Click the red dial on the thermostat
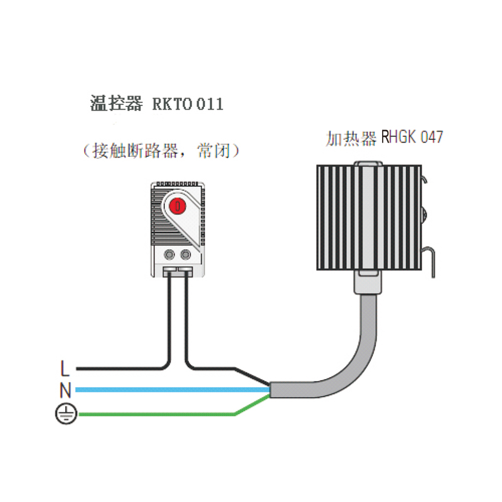click(178, 205)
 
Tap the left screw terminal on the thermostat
click(170, 255)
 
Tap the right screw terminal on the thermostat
click(186, 255)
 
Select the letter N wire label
click(65, 390)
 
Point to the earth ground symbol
click(65, 414)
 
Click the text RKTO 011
click(188, 104)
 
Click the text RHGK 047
click(412, 137)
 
